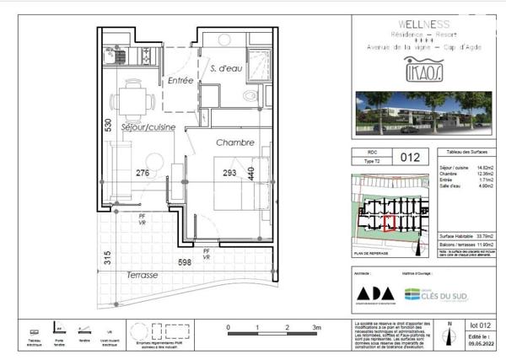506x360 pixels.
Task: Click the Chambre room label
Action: tap(234, 143)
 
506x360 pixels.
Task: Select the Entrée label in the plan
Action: tap(180, 81)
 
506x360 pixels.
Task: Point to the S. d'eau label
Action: tap(226, 67)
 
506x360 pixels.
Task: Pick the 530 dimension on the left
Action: tap(108, 126)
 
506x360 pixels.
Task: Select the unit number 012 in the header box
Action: tap(410, 157)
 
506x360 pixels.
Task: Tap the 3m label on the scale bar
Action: tap(316, 326)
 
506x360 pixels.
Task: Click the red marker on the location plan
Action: tap(389, 223)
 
